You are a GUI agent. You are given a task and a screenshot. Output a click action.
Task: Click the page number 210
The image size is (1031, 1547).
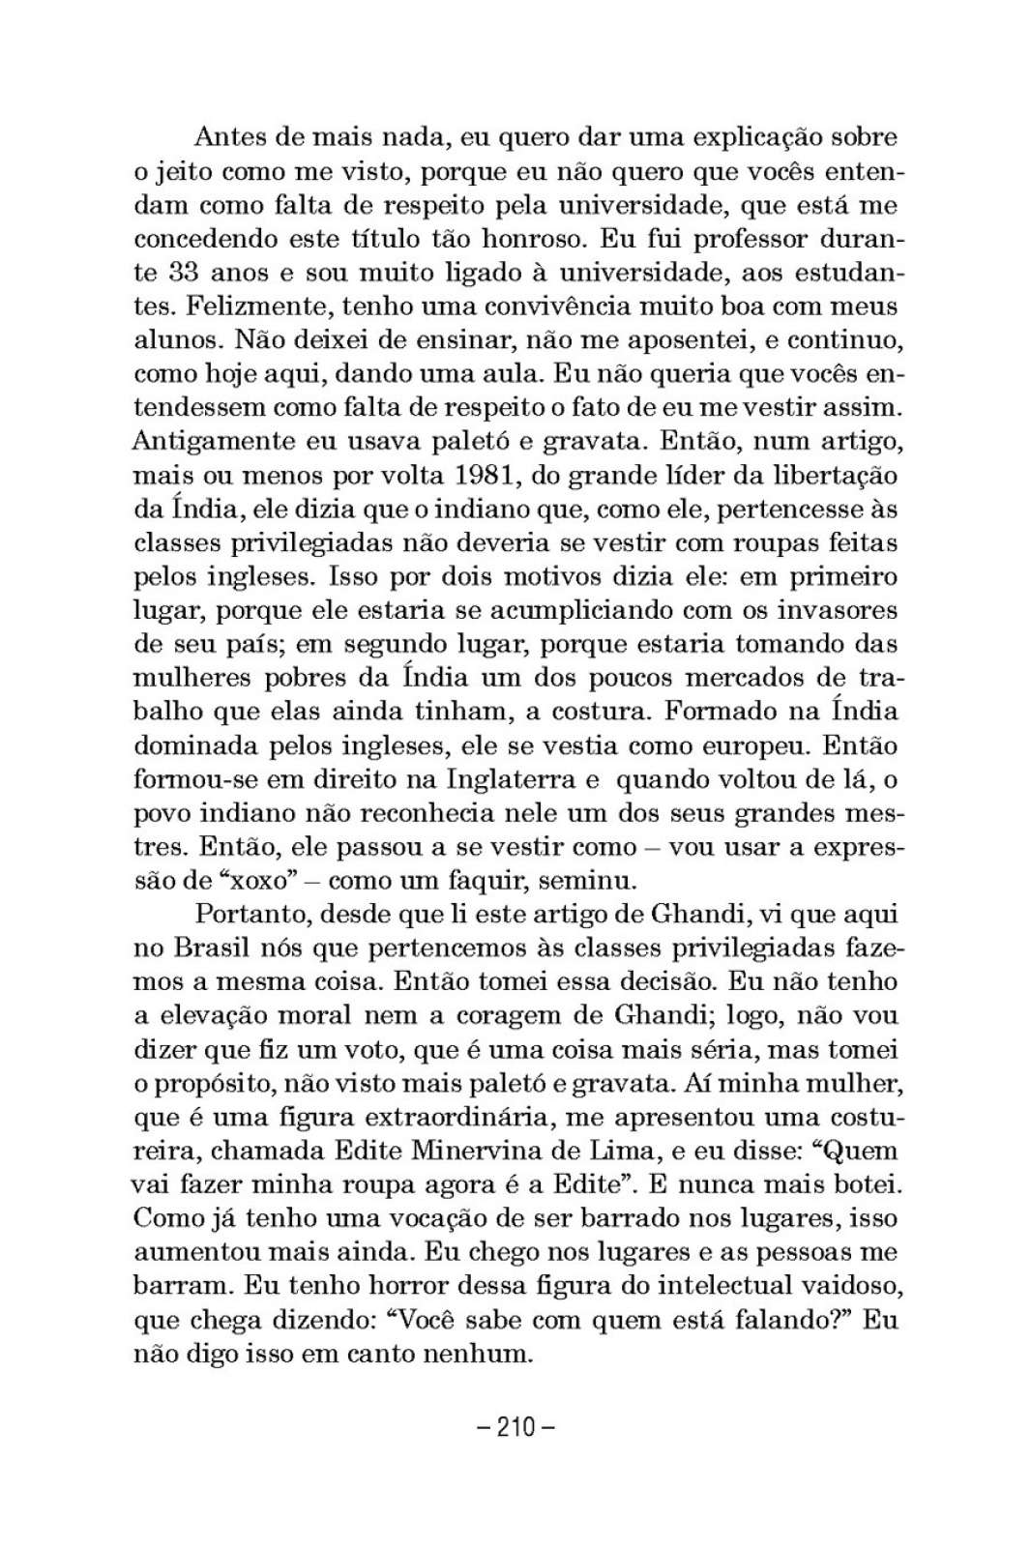(515, 1426)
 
